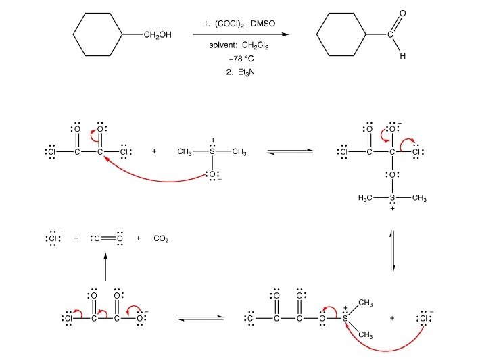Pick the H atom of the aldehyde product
403,56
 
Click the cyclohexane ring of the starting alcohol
97,36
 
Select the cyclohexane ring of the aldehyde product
342,36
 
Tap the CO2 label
161,238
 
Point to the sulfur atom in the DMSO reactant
212,151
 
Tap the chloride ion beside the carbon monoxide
51,238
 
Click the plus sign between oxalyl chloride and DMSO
154,151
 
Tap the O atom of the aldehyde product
404,14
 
